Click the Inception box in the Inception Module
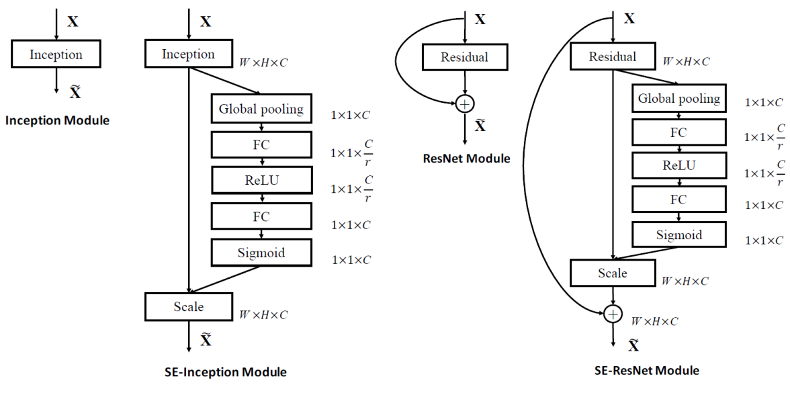coord(56,54)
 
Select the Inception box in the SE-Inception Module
coord(188,54)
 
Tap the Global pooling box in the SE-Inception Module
coord(261,109)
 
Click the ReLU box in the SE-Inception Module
coord(261,180)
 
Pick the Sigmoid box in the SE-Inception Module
coord(261,253)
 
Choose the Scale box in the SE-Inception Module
coord(188,307)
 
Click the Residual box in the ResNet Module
coord(464,57)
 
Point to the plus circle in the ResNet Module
coord(464,103)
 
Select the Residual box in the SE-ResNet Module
coord(612,56)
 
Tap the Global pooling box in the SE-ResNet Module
coord(678,99)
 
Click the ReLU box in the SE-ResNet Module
coord(678,166)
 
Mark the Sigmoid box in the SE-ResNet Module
coord(678,234)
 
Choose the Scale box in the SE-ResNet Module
coord(612,273)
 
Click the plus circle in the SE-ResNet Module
coord(612,314)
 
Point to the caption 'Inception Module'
coord(57,121)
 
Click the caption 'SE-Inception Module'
coord(226,372)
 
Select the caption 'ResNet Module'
coord(466,159)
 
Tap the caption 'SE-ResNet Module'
coord(647,370)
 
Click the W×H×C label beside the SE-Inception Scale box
coord(264,314)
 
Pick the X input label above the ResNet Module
coord(480,19)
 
